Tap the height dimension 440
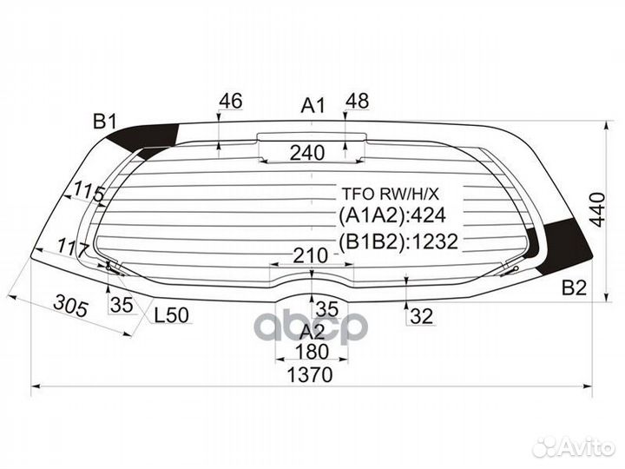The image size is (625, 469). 595,208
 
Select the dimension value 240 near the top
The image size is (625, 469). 307,153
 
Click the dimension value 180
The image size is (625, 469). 311,353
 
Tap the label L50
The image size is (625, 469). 172,317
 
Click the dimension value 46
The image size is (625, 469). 230,102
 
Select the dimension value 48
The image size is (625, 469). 357,102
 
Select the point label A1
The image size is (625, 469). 312,106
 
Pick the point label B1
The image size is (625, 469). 105,121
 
